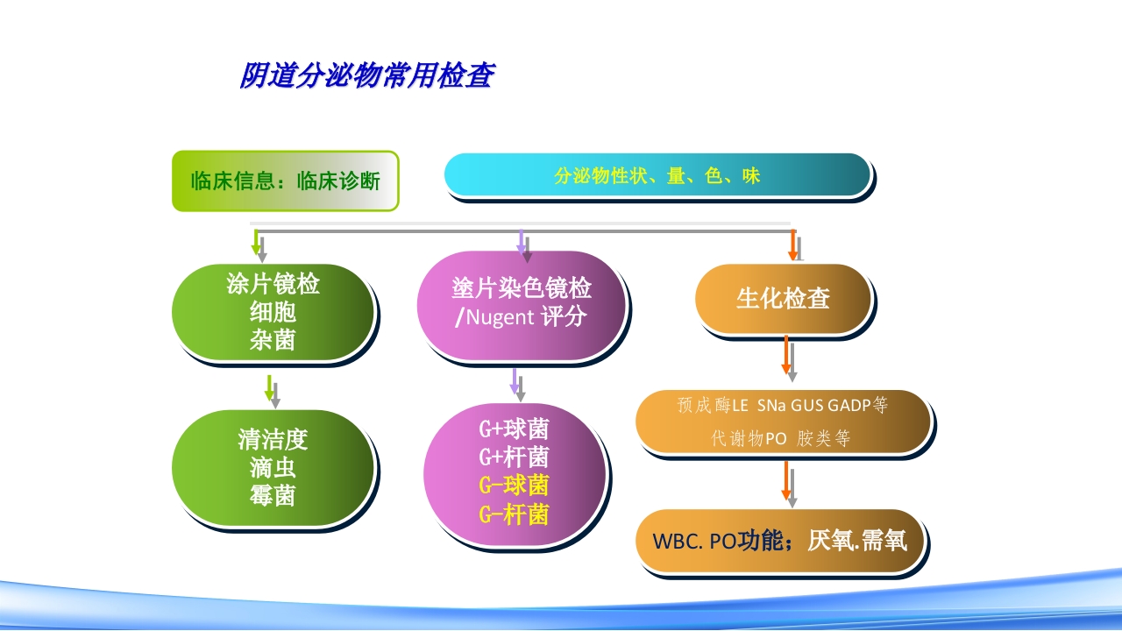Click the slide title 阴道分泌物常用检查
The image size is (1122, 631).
[366, 76]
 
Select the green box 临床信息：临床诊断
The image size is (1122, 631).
[285, 181]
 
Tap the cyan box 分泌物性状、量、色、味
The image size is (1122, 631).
[657, 175]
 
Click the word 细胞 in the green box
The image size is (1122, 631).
[273, 311]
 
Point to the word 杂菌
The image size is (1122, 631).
[273, 340]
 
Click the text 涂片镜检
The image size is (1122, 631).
[273, 283]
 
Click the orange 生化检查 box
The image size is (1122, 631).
[783, 299]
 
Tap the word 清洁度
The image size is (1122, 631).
[273, 438]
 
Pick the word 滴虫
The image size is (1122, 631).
[273, 467]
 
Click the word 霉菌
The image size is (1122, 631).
[273, 496]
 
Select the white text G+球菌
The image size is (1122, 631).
[514, 429]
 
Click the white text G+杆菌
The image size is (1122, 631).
[514, 457]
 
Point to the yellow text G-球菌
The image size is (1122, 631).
[514, 486]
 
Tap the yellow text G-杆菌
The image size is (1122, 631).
[514, 514]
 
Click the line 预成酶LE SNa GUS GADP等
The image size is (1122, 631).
[782, 406]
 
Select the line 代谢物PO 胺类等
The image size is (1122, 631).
[780, 439]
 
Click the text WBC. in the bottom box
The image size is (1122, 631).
[678, 542]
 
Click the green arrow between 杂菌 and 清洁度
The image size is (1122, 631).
[270, 389]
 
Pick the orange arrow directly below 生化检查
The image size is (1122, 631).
[786, 355]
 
